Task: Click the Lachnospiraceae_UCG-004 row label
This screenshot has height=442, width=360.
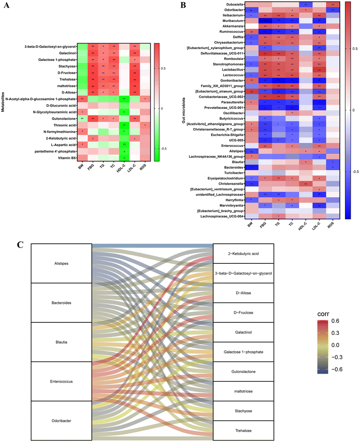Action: [223, 216]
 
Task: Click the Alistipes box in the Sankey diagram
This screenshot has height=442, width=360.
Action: [61, 263]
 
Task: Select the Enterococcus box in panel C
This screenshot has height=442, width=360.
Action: [61, 381]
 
